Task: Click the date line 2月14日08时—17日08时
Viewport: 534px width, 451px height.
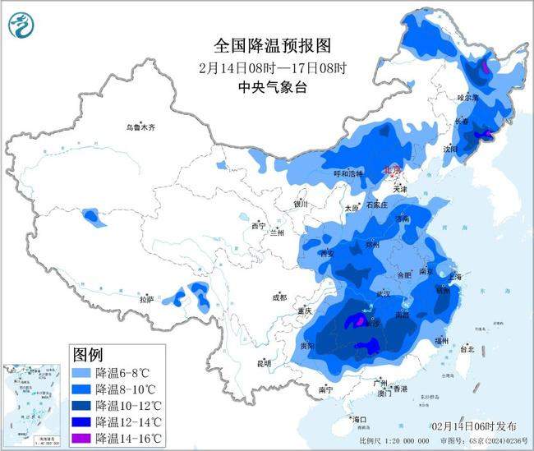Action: coord(260,67)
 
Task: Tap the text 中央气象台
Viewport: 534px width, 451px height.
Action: coord(260,88)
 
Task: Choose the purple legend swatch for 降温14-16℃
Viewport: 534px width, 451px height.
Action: coord(82,438)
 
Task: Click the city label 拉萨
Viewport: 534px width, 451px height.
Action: coord(146,301)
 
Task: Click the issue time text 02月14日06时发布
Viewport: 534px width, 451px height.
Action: coord(474,426)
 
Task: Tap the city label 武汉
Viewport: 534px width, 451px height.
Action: coord(382,293)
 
